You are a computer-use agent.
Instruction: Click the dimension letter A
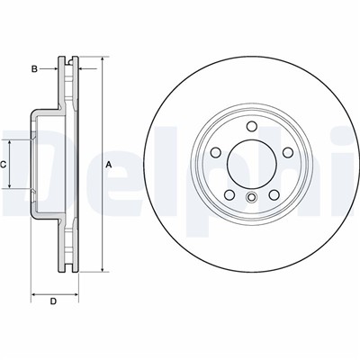(108, 165)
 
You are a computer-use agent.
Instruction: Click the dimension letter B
(34, 68)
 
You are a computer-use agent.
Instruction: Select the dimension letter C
(4, 165)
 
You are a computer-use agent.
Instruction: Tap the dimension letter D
(53, 301)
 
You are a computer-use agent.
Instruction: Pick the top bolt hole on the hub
(251, 125)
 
